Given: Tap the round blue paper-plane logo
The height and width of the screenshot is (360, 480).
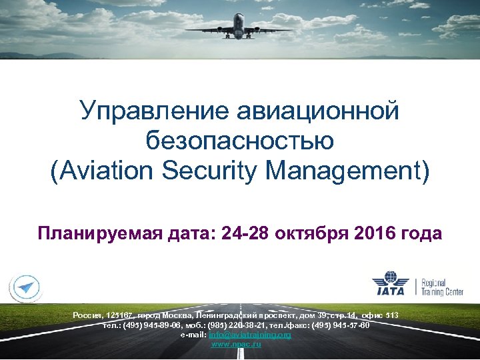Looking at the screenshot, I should (x=25, y=287).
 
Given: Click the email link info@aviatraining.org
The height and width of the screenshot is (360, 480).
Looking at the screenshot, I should (x=250, y=335).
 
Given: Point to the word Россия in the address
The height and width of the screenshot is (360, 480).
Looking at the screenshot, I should (x=87, y=314).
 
